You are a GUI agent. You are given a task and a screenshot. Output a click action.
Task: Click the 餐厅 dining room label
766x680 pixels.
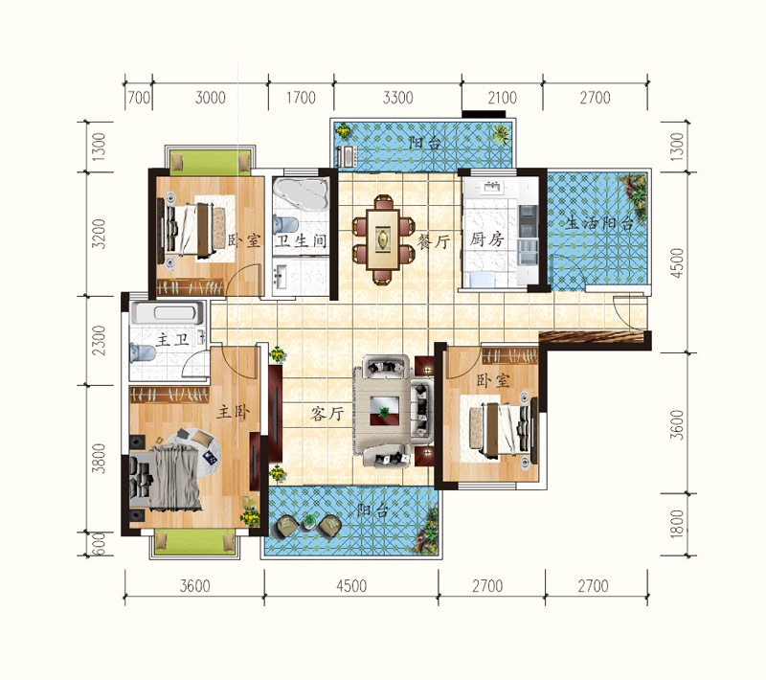coord(434,241)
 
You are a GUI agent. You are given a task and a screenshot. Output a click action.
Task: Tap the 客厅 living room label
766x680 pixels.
coord(327,414)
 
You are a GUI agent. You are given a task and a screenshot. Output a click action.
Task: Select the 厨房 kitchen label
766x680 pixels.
coord(486,238)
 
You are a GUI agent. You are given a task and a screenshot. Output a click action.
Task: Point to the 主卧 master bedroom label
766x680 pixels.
coord(234,411)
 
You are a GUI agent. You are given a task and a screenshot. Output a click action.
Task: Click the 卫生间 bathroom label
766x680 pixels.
coord(301,240)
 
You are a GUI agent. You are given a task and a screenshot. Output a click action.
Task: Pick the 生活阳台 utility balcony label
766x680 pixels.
coord(599,223)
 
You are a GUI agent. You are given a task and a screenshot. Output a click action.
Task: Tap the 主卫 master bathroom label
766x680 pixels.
coord(173,339)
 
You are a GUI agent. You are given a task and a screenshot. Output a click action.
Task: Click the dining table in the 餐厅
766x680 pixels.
coord(384,239)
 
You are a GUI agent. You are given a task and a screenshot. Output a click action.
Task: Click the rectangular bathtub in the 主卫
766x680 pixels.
coord(168,313)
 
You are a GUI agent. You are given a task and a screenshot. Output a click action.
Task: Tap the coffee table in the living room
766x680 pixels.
coord(385,411)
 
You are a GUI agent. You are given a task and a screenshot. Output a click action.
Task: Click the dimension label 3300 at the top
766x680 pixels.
coord(397,98)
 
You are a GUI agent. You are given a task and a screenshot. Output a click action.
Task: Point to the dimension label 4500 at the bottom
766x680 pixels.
coord(351,586)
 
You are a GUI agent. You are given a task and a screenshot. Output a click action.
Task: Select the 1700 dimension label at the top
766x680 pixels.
coord(301,98)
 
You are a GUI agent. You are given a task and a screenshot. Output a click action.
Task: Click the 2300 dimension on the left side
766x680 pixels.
coord(99,341)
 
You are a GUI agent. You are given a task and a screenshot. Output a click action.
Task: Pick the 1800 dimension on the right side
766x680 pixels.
coord(677,524)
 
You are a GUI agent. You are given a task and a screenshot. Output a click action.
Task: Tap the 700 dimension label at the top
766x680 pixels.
coord(139,98)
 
